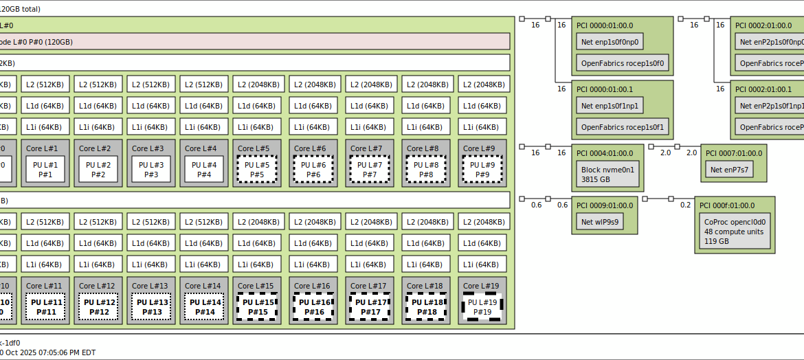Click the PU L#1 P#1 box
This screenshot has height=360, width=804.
click(45, 169)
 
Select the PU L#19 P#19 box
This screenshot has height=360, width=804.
click(482, 306)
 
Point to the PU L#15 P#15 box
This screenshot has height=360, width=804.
click(257, 306)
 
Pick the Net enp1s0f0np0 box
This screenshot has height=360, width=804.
click(610, 42)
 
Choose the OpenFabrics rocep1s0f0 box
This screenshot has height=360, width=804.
click(623, 65)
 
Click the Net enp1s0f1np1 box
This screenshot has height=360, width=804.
click(610, 106)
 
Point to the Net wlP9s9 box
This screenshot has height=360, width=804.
click(600, 222)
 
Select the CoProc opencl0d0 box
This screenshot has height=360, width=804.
click(735, 232)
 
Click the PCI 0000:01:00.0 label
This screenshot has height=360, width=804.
click(605, 25)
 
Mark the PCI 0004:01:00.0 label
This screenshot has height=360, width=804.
click(605, 153)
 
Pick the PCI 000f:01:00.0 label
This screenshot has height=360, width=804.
click(727, 205)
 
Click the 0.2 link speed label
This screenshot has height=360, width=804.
click(685, 205)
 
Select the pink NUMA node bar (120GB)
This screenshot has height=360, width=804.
click(254, 42)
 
